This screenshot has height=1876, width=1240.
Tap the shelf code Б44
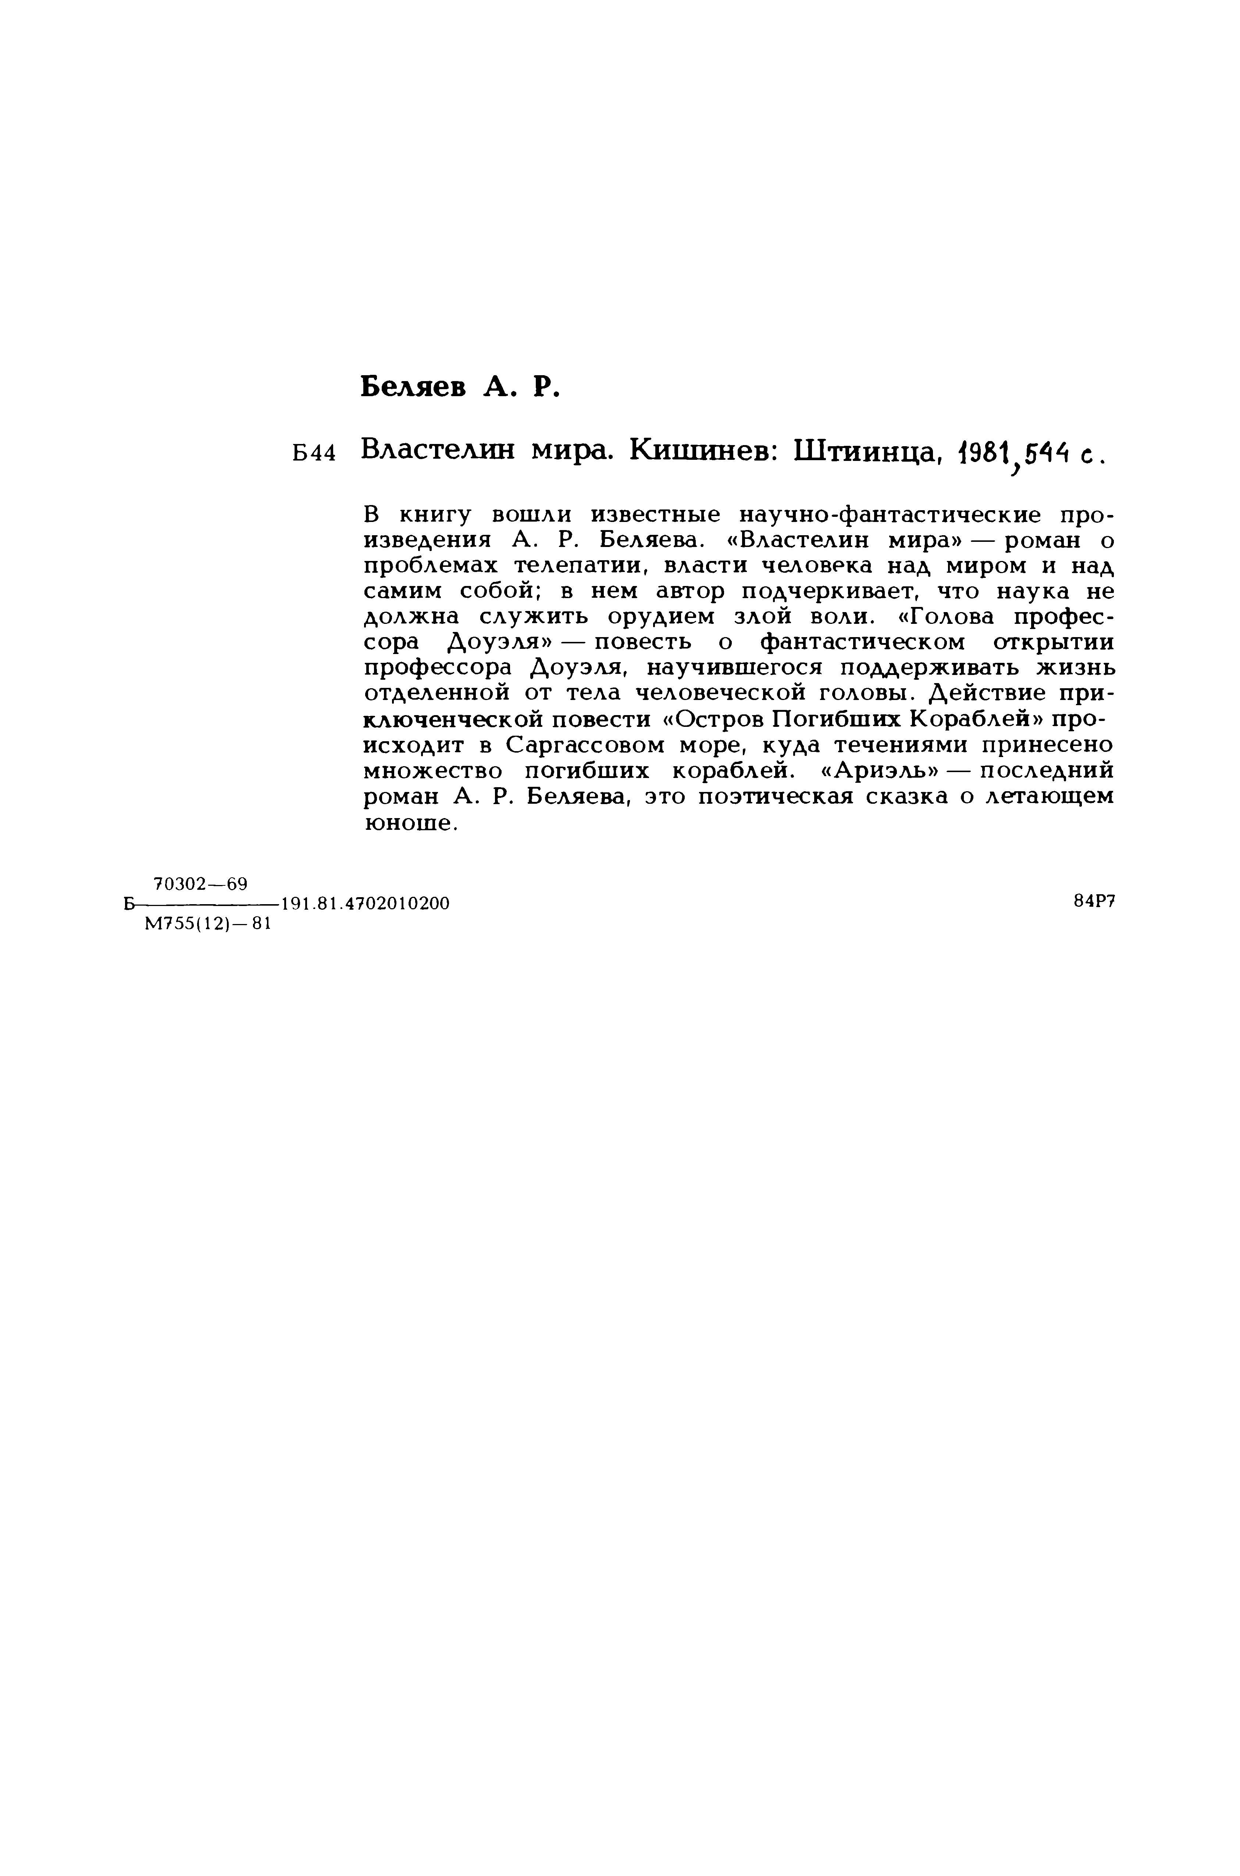(315, 453)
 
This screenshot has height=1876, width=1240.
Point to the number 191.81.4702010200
(366, 903)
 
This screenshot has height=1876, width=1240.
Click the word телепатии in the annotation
(581, 566)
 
